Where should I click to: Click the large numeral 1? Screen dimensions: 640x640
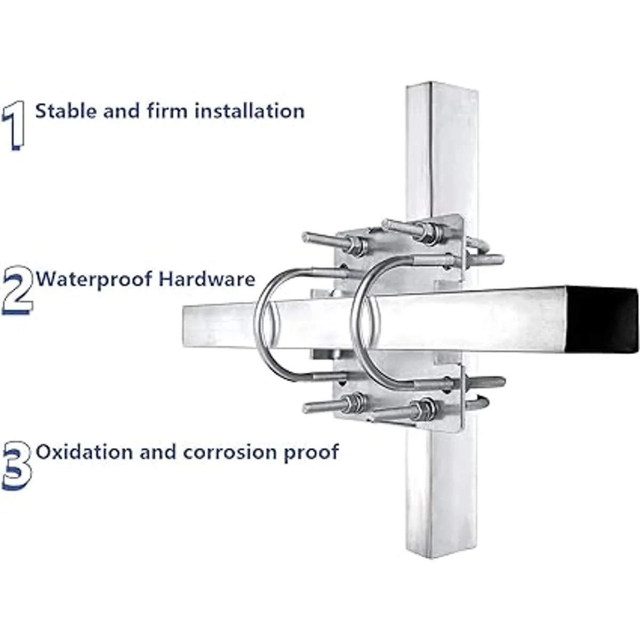point(14,125)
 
